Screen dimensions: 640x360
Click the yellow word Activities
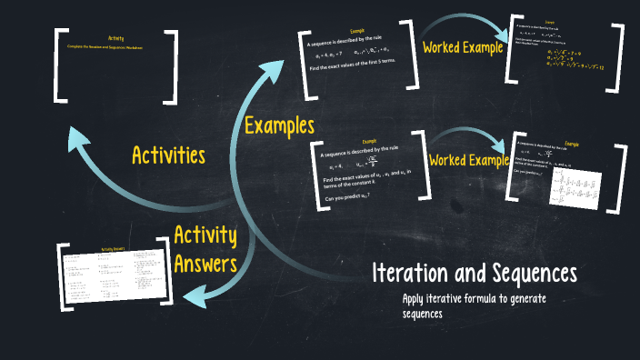(x=169, y=155)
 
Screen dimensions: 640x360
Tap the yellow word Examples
(x=279, y=125)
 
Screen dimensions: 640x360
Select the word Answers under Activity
(x=205, y=265)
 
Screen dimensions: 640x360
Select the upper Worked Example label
(x=463, y=47)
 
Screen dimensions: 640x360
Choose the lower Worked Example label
(x=469, y=161)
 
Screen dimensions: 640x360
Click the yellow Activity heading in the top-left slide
(x=115, y=37)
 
